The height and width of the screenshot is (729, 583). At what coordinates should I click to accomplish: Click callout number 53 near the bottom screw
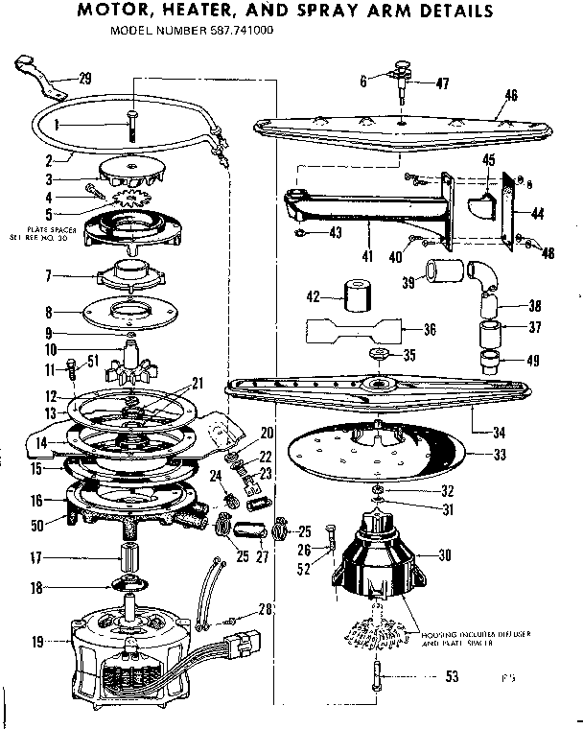(x=452, y=677)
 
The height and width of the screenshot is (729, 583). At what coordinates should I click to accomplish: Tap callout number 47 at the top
(x=442, y=84)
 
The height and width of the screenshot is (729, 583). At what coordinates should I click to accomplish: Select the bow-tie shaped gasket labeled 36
(x=356, y=330)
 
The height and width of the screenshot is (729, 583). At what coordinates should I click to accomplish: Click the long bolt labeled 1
(x=129, y=126)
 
